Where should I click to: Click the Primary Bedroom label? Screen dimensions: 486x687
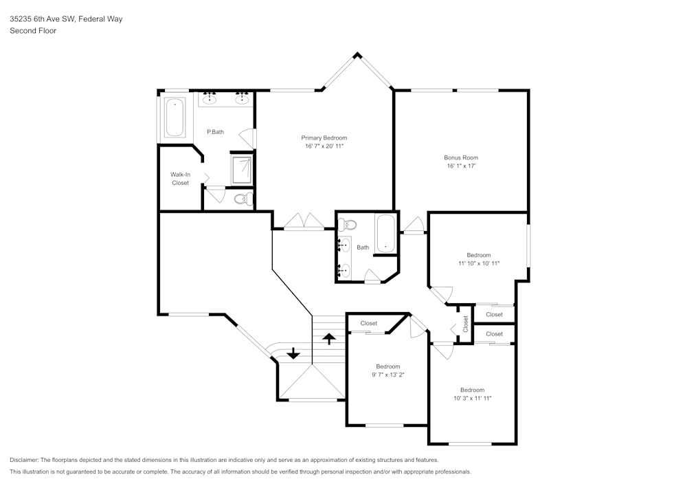point(324,137)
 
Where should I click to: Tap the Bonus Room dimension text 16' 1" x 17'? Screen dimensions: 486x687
point(461,166)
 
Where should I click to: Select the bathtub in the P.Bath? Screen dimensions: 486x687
point(174,117)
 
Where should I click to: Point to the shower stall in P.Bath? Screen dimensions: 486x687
point(241,168)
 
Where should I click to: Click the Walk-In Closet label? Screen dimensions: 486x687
point(180,179)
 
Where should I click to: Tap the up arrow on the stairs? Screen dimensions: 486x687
point(329,338)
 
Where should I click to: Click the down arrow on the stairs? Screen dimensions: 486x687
point(293,353)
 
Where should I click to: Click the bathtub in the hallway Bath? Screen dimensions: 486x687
point(386,234)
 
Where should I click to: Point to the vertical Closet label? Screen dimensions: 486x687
point(466,323)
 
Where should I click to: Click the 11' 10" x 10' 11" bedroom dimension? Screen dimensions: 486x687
point(479,263)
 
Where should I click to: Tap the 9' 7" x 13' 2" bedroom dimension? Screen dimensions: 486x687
point(387,375)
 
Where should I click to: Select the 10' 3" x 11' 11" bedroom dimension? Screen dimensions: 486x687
point(472,398)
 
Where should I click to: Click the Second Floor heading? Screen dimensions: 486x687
point(33,31)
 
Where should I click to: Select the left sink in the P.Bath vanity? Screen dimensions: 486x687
point(211,100)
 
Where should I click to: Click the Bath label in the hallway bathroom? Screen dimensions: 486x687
point(363,247)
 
